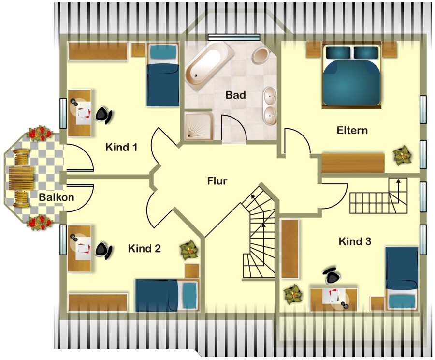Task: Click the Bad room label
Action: (x=235, y=95)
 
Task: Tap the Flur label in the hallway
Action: (x=217, y=181)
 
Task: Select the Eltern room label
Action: (x=352, y=130)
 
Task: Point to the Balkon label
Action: (x=57, y=197)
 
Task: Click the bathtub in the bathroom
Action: (x=209, y=64)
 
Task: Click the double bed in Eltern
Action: (x=351, y=75)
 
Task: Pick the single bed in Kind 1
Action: (x=162, y=75)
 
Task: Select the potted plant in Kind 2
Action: (x=189, y=250)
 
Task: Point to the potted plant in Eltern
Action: (x=403, y=156)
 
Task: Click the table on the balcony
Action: (x=21, y=179)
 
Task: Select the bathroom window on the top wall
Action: (x=234, y=37)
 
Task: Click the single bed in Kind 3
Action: (x=402, y=279)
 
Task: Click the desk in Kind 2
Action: (x=80, y=248)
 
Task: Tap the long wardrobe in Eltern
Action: (x=353, y=163)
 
